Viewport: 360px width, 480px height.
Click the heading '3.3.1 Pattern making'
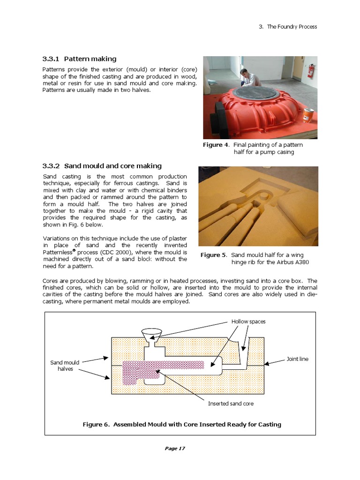pyautogui.click(x=79, y=59)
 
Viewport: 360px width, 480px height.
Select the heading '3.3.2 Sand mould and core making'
pyautogui.click(x=102, y=166)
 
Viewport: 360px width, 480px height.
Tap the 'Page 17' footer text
pyautogui.click(x=175, y=449)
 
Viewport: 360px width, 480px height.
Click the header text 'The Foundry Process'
pyautogui.click(x=292, y=27)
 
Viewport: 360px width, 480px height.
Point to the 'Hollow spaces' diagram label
pyautogui.click(x=248, y=322)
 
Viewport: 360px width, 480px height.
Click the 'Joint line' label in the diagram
pyautogui.click(x=297, y=359)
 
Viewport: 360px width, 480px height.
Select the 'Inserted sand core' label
pyautogui.click(x=231, y=403)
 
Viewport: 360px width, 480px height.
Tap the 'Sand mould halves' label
pyautogui.click(x=65, y=366)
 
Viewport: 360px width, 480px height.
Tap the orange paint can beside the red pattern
pyautogui.click(x=307, y=115)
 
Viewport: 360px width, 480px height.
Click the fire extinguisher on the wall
pyautogui.click(x=310, y=71)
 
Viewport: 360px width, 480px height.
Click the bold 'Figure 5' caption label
pyautogui.click(x=213, y=255)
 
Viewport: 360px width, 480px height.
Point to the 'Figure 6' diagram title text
pyautogui.click(x=182, y=425)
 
